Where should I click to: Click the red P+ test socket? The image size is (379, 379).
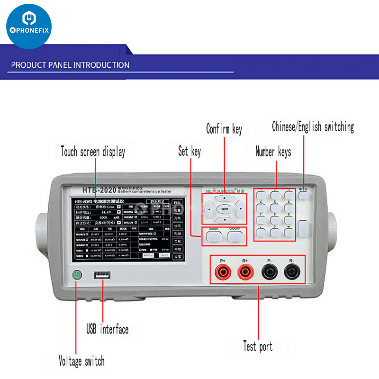point(222,272)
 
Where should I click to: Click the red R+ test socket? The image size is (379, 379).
point(245,272)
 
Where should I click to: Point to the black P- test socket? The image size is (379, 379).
point(269,272)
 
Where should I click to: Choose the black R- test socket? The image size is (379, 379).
point(291,272)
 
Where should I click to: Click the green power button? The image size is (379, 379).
point(76,275)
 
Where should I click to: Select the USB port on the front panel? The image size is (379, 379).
point(102,275)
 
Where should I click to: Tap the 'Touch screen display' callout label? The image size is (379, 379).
point(93,152)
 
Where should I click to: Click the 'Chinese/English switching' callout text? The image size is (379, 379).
point(313,127)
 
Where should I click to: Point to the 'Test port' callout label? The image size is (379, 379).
point(258,346)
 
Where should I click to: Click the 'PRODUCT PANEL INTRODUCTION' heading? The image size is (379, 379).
point(70,65)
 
